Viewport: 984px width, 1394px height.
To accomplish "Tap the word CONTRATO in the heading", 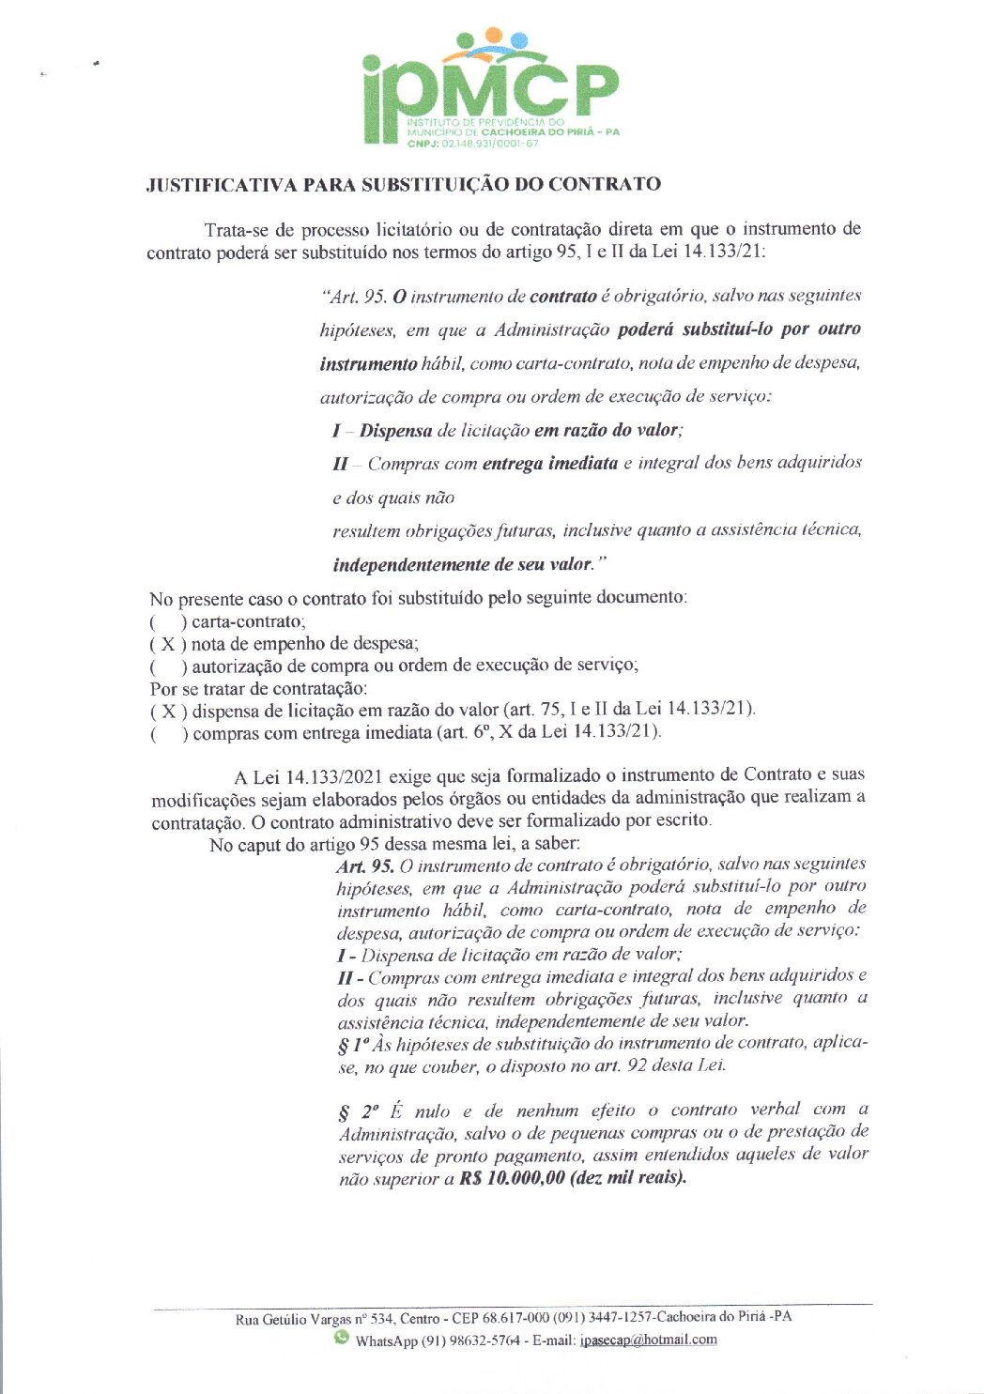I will click(605, 184).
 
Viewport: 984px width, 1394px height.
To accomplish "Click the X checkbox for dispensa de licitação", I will click(168, 711).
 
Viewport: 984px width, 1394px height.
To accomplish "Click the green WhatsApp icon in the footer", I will click(341, 1338).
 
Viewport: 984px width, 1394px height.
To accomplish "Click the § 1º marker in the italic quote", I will click(352, 1045).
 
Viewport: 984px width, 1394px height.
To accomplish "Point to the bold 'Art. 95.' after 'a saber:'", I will click(365, 866).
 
